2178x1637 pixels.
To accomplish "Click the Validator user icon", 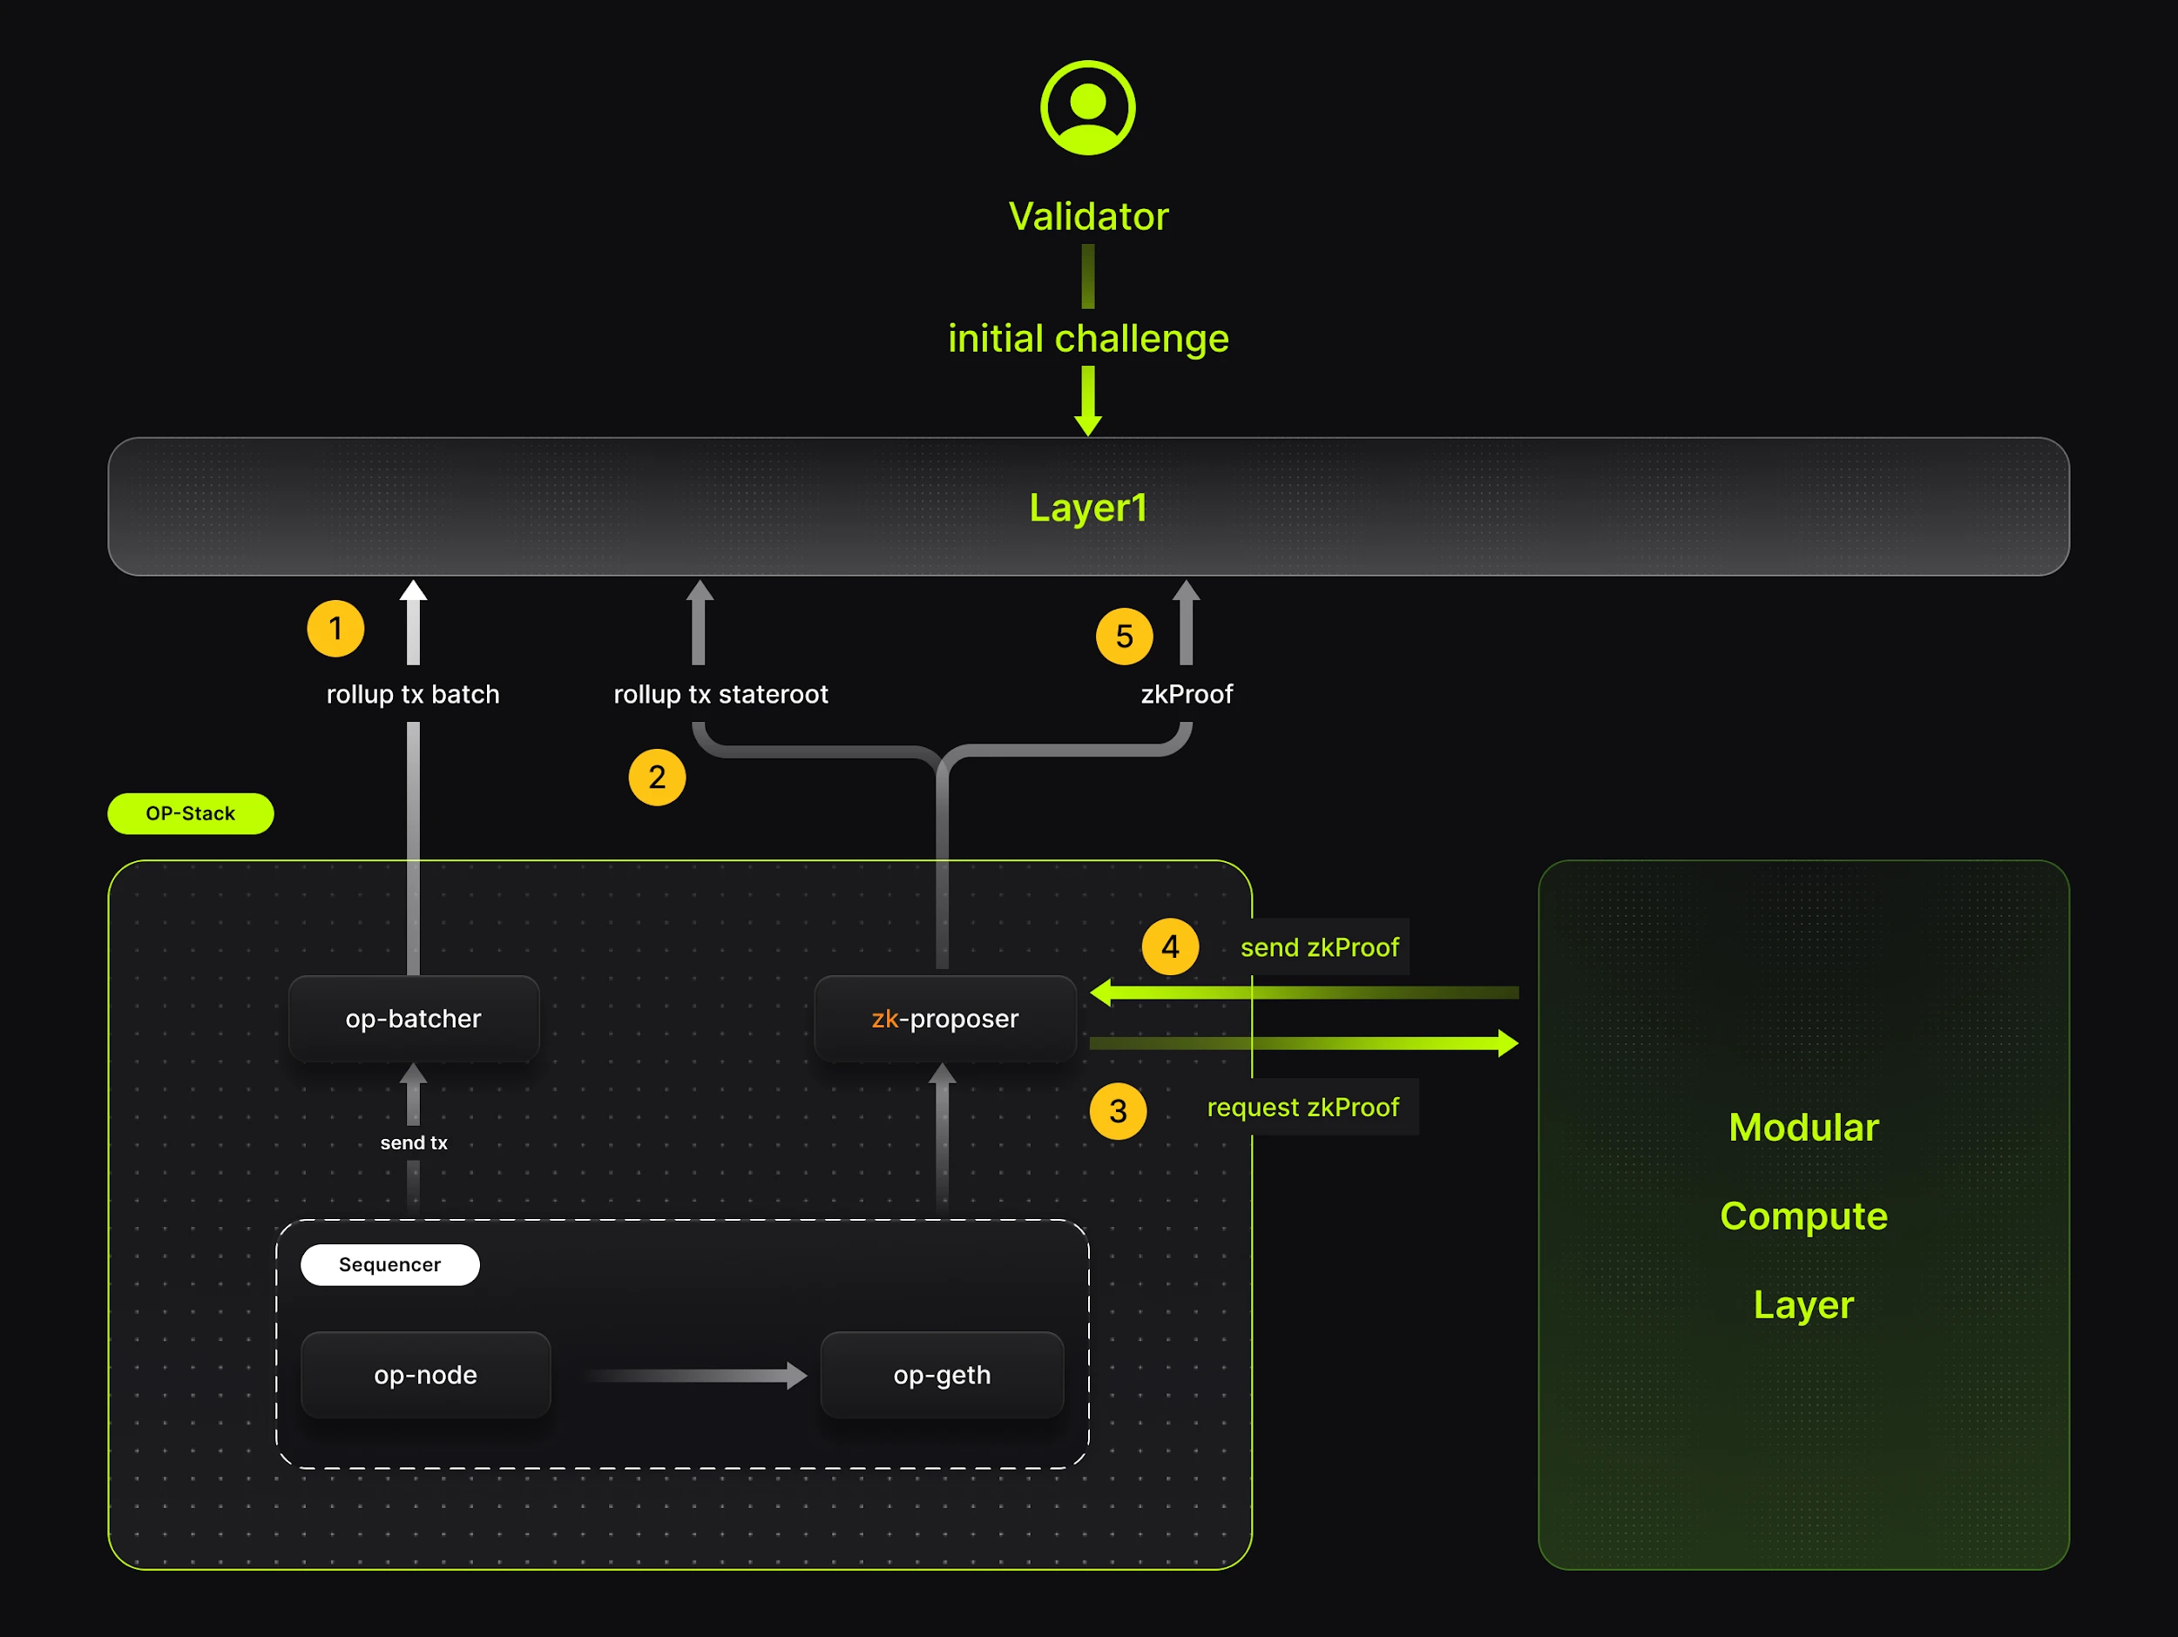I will (x=1087, y=107).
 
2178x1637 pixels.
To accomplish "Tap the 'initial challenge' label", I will (x=1087, y=339).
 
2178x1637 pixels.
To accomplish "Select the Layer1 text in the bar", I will (x=1087, y=508).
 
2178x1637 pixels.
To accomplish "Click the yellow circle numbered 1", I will (x=335, y=628).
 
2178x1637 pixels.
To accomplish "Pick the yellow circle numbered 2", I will (x=657, y=778).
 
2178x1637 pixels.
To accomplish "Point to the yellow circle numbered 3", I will (x=1118, y=1111).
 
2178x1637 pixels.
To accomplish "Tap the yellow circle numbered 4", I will (x=1170, y=947).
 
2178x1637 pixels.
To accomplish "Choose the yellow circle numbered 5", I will (x=1124, y=636).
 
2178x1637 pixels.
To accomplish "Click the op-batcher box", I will (x=414, y=1019).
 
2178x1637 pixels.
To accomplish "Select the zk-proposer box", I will (x=944, y=1019).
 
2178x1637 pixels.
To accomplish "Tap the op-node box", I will (x=425, y=1375).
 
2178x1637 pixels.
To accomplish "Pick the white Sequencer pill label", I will (x=390, y=1265).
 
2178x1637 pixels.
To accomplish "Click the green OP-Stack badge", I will (x=190, y=814).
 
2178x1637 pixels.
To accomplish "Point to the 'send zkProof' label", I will (x=1318, y=948).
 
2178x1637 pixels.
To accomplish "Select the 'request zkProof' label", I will (x=1302, y=1108).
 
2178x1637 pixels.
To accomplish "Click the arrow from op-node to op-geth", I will (x=696, y=1376).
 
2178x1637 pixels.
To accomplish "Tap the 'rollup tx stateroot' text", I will (x=720, y=695).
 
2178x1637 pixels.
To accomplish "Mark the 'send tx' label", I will (x=414, y=1142).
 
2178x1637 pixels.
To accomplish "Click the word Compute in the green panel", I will (x=1803, y=1216).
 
